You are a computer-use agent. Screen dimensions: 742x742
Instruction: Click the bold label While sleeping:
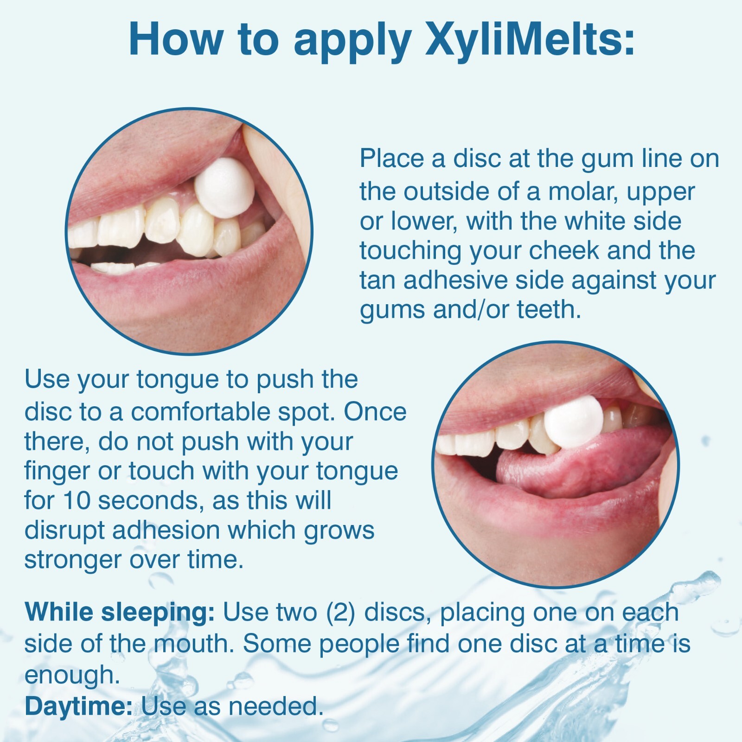tap(119, 612)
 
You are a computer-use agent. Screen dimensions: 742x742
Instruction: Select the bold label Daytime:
tap(78, 706)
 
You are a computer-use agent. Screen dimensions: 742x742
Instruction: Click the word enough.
tap(72, 675)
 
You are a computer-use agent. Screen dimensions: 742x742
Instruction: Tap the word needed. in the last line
tap(275, 706)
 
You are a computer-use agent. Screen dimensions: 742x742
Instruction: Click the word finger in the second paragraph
tap(56, 471)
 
